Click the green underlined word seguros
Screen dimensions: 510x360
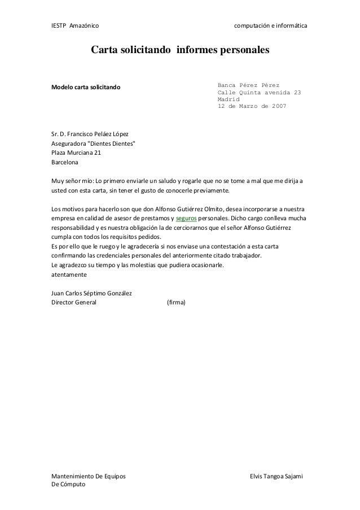[187, 219]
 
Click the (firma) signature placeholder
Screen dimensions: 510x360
[180, 302]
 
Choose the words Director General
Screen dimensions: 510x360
[74, 302]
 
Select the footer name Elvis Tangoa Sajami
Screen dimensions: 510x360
[276, 477]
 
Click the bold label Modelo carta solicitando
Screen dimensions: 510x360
[86, 88]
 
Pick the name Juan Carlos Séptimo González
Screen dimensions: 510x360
[91, 293]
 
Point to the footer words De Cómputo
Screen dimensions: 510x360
[68, 486]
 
